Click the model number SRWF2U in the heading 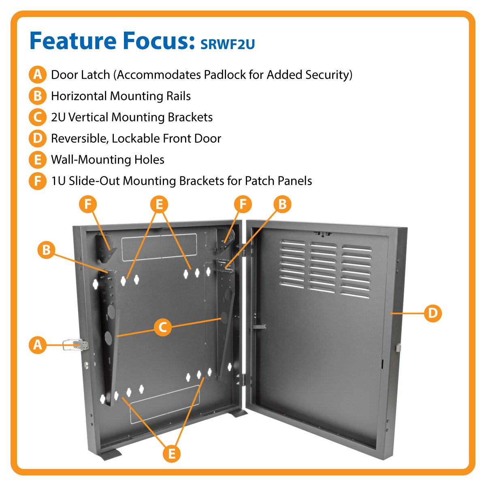(228, 44)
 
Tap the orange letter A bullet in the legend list (37, 75)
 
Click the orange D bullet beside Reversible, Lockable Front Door (37, 139)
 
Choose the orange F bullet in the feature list (37, 181)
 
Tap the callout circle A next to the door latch (37, 345)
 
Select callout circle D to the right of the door (433, 313)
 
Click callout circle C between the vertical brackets (163, 327)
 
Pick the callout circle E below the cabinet (172, 453)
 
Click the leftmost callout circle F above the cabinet (88, 204)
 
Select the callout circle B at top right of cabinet (282, 204)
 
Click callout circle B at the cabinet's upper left (46, 249)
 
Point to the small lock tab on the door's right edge (398, 347)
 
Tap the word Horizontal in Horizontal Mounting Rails (79, 96)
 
